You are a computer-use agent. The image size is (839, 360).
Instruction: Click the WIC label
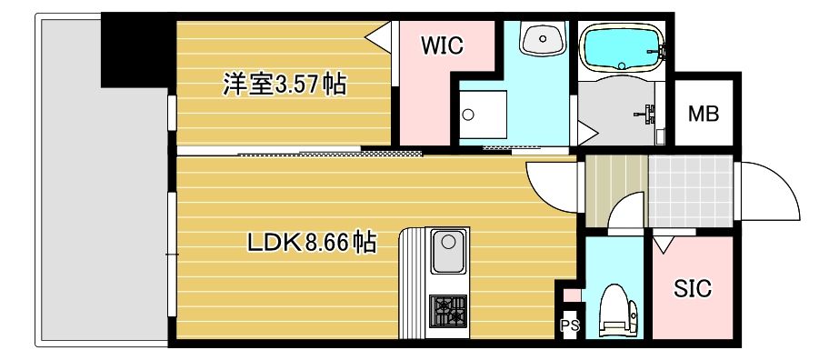442,45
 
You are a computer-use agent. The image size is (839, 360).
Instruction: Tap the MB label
703,114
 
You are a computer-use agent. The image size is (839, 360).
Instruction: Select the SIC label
693,289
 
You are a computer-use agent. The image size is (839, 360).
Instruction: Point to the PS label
570,325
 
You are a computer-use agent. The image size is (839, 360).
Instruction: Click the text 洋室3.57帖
285,85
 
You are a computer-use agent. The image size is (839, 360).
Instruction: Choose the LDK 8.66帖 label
311,244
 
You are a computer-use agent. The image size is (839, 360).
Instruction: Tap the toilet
618,310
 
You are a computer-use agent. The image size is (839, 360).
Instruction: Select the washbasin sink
543,38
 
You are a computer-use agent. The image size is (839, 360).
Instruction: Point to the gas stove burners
448,311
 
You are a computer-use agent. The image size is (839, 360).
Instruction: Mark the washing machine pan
482,115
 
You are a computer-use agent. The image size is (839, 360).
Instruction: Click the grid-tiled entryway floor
690,191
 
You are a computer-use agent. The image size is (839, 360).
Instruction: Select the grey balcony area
102,214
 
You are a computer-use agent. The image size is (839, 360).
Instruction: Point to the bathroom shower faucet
646,114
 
